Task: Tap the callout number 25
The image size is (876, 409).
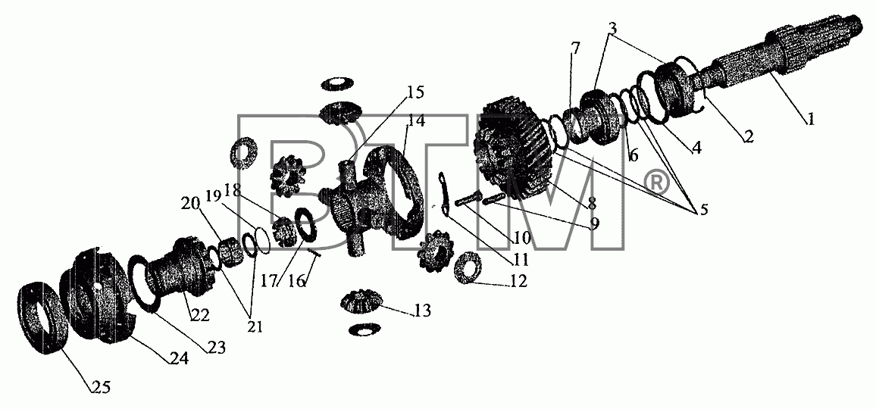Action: click(102, 386)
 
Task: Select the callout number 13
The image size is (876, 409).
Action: click(424, 311)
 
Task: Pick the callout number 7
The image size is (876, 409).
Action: click(575, 48)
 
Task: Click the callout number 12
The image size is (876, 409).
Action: click(518, 281)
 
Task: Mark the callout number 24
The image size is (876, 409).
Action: click(180, 357)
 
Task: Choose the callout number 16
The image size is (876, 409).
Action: click(298, 281)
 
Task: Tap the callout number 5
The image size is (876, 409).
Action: click(699, 211)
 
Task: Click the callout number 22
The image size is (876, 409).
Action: click(199, 315)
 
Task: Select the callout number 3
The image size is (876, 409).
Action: click(613, 27)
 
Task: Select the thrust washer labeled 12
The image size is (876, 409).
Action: click(464, 267)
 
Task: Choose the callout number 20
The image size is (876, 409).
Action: click(189, 203)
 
